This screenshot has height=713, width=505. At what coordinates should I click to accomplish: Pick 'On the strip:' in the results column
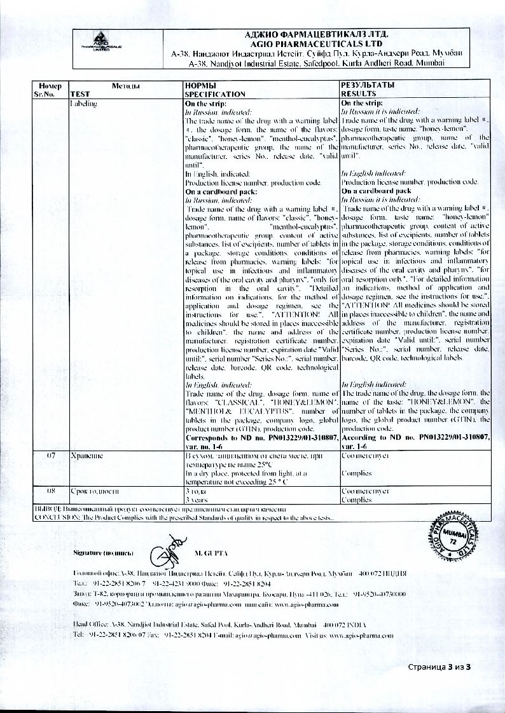pyautogui.click(x=363, y=102)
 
